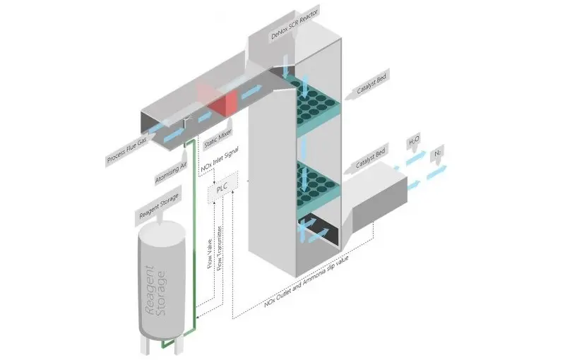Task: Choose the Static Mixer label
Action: (219, 136)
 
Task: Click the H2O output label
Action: (414, 143)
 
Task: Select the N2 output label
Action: (439, 153)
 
